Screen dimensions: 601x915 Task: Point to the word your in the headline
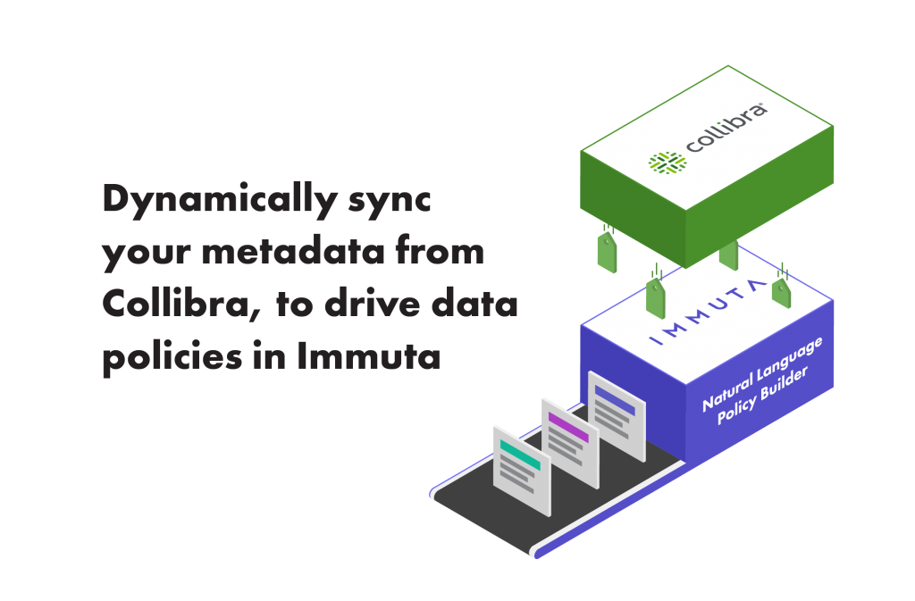(x=144, y=255)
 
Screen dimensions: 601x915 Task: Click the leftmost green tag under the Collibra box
(x=607, y=252)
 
